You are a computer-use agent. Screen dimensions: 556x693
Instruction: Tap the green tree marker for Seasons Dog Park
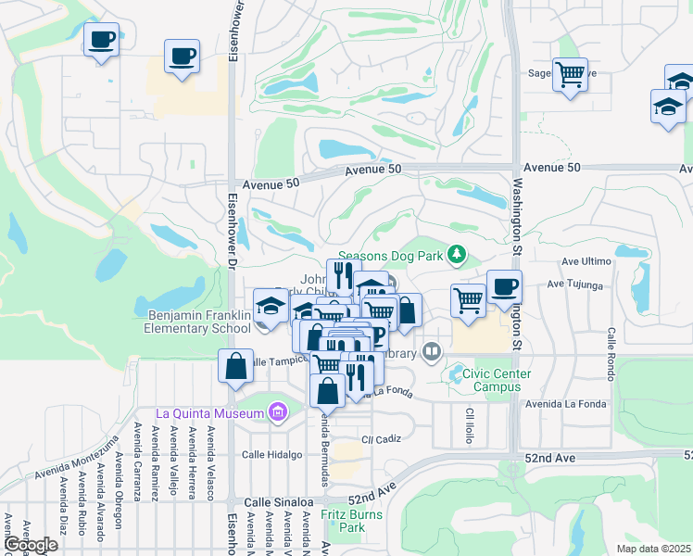(x=455, y=253)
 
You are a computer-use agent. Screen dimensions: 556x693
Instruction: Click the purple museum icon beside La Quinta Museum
(x=276, y=412)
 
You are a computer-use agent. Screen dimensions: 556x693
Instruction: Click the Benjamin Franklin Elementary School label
(x=199, y=322)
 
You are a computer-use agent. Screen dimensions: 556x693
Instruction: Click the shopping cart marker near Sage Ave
(x=570, y=73)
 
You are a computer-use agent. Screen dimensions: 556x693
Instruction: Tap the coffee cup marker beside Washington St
(x=504, y=286)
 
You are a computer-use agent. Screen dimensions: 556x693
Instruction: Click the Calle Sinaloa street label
(x=277, y=501)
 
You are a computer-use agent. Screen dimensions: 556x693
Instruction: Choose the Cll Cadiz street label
(x=379, y=438)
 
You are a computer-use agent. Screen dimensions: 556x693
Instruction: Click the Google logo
(x=31, y=545)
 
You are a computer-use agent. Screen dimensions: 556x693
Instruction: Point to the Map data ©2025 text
(x=653, y=549)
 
